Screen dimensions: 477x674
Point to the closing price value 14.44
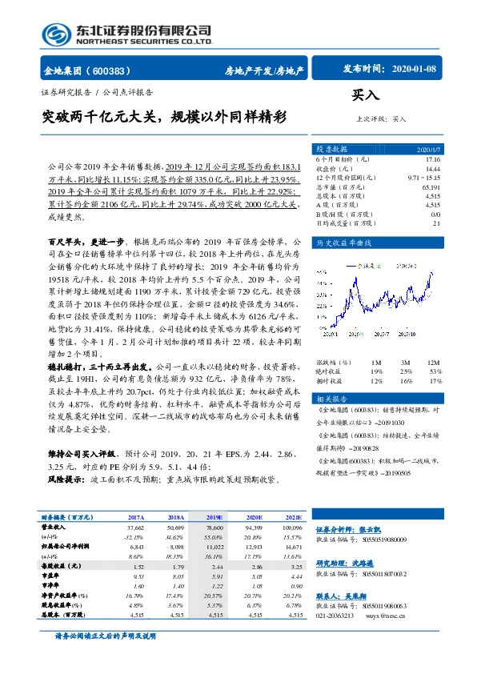tap(431, 169)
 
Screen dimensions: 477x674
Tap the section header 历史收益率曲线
tap(345, 242)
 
